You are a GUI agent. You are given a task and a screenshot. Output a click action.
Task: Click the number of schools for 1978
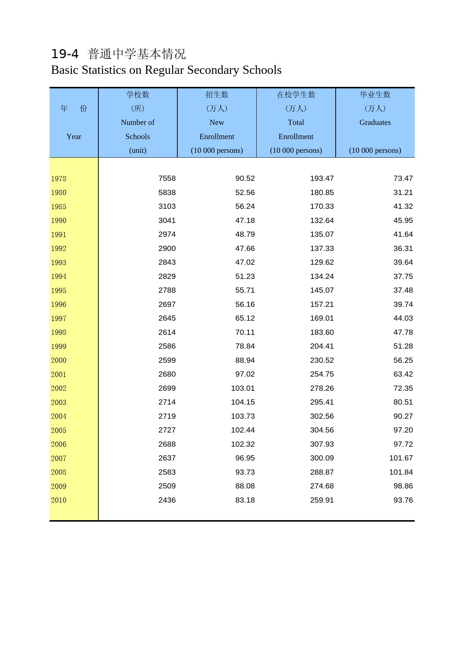pyautogui.click(x=167, y=179)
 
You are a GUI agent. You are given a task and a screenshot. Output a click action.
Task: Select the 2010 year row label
pyautogui.click(x=59, y=500)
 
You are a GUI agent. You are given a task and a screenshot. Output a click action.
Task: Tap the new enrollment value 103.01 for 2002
pyautogui.click(x=243, y=389)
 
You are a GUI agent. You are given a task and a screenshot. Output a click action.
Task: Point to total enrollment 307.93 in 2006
pyautogui.click(x=322, y=444)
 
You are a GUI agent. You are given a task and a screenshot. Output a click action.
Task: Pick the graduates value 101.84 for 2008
pyautogui.click(x=401, y=472)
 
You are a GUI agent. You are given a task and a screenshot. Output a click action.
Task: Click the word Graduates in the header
pyautogui.click(x=375, y=123)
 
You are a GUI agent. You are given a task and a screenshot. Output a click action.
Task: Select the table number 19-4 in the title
pyautogui.click(x=65, y=54)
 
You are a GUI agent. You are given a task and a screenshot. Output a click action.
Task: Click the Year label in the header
pyautogui.click(x=74, y=137)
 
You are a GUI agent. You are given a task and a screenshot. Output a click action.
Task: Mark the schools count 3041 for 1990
pyautogui.click(x=167, y=221)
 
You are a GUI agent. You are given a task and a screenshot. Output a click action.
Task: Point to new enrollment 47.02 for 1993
pyautogui.click(x=245, y=262)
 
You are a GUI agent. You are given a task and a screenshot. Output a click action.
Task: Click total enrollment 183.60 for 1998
pyautogui.click(x=322, y=333)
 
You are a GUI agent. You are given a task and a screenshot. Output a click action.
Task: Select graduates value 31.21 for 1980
pyautogui.click(x=403, y=193)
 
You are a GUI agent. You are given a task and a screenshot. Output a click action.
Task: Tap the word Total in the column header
pyautogui.click(x=296, y=123)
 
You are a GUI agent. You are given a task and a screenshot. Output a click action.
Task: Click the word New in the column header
pyautogui.click(x=217, y=123)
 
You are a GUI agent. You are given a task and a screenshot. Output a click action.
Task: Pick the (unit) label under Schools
pyautogui.click(x=138, y=151)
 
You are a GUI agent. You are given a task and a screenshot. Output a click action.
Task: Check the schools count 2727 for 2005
pyautogui.click(x=167, y=430)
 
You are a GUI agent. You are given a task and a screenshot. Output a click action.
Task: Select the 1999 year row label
pyautogui.click(x=59, y=347)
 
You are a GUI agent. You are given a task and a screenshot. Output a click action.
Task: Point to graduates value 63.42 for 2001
pyautogui.click(x=403, y=374)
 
